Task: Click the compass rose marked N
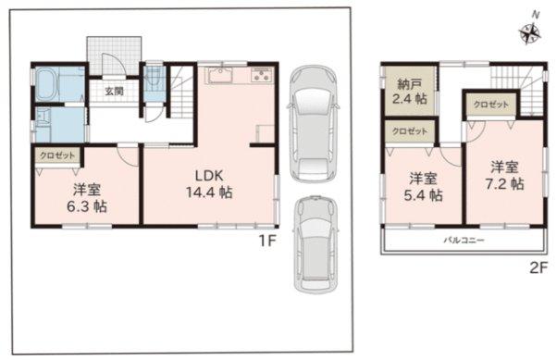pyautogui.click(x=530, y=33)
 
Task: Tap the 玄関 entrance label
pyautogui.click(x=114, y=91)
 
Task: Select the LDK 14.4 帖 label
pyautogui.click(x=209, y=184)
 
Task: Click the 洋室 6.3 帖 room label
pyautogui.click(x=87, y=198)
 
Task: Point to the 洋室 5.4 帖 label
pyautogui.click(x=423, y=187)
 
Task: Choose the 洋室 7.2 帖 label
pyautogui.click(x=504, y=175)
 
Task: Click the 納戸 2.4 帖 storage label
pyautogui.click(x=409, y=91)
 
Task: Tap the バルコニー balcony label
pyautogui.click(x=464, y=241)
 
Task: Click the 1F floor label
pyautogui.click(x=267, y=242)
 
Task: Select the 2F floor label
pyautogui.click(x=538, y=268)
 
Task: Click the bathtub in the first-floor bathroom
pyautogui.click(x=46, y=84)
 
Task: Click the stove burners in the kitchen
pyautogui.click(x=262, y=75)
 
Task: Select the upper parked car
pyautogui.click(x=313, y=124)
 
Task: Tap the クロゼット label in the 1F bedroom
pyautogui.click(x=57, y=155)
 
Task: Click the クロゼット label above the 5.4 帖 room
pyautogui.click(x=410, y=131)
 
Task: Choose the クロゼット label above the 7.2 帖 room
pyautogui.click(x=491, y=105)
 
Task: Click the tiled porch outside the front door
pyautogui.click(x=115, y=56)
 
